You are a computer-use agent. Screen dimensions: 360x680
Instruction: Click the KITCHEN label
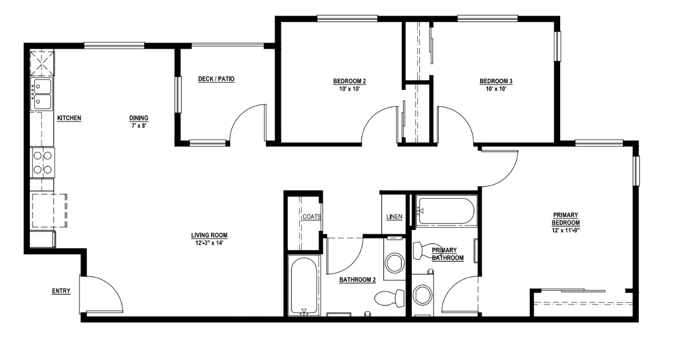(x=69, y=118)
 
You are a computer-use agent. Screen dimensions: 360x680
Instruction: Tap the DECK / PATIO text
(x=216, y=79)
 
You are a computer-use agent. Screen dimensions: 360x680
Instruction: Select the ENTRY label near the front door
(x=61, y=291)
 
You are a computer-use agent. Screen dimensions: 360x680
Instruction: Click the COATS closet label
(x=312, y=216)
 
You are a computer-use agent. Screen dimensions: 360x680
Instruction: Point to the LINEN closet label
(x=394, y=217)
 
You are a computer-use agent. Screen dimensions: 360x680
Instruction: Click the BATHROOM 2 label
(x=358, y=280)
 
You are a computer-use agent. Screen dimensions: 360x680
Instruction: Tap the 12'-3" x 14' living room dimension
(x=209, y=243)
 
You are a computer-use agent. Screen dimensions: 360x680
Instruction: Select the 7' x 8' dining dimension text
(x=138, y=125)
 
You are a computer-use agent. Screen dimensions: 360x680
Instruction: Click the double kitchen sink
(x=41, y=94)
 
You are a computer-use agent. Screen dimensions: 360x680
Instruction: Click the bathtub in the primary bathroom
(x=446, y=211)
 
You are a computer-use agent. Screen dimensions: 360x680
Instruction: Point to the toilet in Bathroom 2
(x=390, y=297)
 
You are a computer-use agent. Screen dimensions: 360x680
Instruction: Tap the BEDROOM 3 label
(x=495, y=82)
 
